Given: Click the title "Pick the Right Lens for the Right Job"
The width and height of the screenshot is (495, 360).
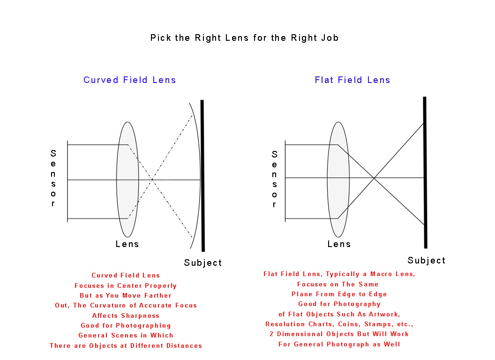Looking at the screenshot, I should point(244,37).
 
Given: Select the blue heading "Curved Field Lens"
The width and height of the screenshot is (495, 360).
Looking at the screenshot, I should point(130,80).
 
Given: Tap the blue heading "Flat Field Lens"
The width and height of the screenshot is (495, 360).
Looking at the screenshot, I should point(352,80).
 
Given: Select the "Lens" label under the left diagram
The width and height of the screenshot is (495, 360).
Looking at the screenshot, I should point(127,244).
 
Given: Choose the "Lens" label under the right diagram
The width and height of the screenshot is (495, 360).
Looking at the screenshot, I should point(339,244).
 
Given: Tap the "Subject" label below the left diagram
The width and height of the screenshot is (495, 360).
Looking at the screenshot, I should point(203,262).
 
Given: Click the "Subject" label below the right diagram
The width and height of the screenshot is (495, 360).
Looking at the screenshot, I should point(427,260).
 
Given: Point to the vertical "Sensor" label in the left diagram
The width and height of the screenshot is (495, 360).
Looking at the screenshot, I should point(53,179).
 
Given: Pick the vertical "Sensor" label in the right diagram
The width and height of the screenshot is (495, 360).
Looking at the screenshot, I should point(274,179).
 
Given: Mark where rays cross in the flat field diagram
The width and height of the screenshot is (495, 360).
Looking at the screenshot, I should point(374,178).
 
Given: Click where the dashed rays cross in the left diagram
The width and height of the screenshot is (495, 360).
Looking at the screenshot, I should point(152,180).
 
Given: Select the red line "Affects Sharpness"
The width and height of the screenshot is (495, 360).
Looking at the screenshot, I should point(126,315).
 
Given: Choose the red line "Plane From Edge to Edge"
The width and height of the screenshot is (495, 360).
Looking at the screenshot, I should point(339,294).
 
